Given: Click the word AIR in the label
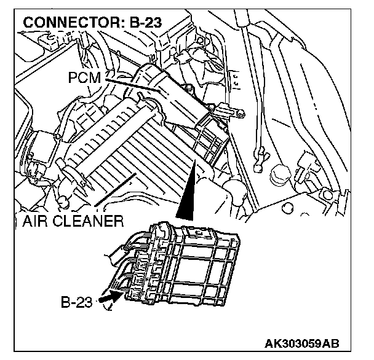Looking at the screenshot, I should pos(36,220).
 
